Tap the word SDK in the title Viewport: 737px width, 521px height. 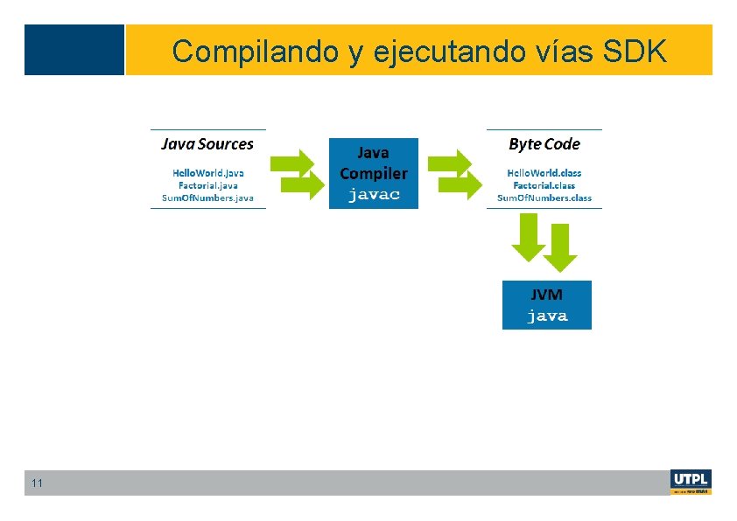(635, 52)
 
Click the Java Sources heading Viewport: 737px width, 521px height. (207, 144)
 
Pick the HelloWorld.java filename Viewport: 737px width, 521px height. (207, 172)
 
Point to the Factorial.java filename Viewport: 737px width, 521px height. (207, 185)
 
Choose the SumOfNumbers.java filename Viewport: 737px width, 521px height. (207, 198)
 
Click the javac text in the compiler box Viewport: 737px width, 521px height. (374, 195)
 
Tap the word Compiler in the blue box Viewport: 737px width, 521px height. (374, 173)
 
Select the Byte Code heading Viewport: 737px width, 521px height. (544, 144)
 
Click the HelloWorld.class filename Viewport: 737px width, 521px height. (544, 172)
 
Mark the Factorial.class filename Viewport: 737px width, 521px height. (544, 185)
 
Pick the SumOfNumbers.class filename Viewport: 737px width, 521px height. (544, 198)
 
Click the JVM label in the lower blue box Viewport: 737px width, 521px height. (547, 295)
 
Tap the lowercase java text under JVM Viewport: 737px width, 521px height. (547, 316)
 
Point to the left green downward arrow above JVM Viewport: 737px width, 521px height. (528, 237)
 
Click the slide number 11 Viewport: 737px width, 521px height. (37, 483)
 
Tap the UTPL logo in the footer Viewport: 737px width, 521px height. (691, 482)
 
